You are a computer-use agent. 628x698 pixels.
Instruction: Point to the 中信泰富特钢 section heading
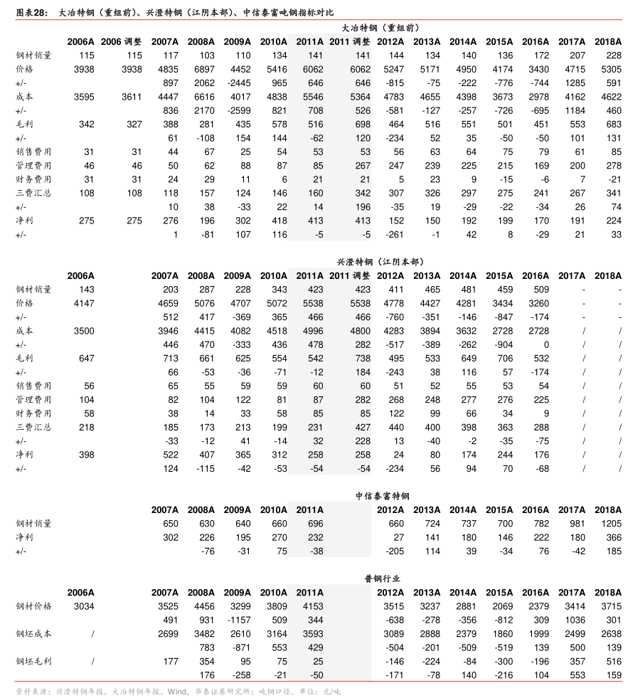click(383, 496)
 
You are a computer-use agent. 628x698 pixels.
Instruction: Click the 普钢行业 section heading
click(383, 578)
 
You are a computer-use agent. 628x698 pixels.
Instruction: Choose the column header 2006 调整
click(121, 41)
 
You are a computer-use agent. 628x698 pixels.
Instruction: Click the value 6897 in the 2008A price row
click(201, 69)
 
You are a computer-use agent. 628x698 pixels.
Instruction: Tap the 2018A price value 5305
click(609, 69)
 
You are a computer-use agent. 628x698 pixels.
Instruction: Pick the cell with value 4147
click(83, 303)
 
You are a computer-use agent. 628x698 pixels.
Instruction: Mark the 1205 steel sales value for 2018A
click(609, 524)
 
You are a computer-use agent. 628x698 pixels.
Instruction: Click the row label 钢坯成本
click(34, 633)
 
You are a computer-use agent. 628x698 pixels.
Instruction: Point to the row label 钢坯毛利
click(34, 661)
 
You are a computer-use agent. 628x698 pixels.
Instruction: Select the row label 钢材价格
click(34, 606)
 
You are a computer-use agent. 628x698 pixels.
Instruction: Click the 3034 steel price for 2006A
click(83, 606)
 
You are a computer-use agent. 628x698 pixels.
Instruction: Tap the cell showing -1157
click(235, 620)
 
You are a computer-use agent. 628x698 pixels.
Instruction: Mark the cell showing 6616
click(201, 97)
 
